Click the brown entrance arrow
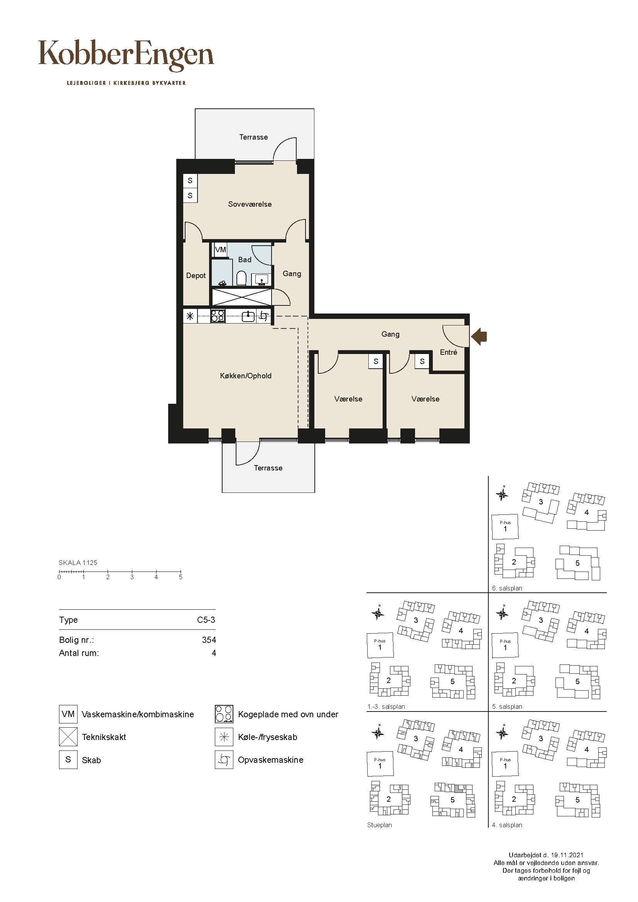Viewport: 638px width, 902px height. (x=479, y=336)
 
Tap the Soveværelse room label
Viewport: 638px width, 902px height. (x=250, y=204)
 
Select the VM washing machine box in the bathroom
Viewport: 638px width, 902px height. (x=220, y=250)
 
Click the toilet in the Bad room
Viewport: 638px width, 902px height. (x=241, y=278)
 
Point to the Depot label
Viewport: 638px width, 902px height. (x=196, y=276)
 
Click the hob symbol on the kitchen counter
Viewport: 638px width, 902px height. (x=218, y=316)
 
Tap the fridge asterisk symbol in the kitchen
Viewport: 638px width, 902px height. (x=190, y=316)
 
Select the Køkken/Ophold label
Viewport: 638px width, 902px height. (x=246, y=376)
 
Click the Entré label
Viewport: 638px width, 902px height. (x=449, y=352)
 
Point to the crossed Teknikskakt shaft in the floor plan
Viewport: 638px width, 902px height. (x=241, y=297)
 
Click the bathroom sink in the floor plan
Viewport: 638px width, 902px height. (x=261, y=279)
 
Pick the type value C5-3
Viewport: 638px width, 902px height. (x=206, y=620)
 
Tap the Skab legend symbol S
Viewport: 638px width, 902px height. (x=68, y=759)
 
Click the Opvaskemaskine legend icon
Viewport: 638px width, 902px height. (x=224, y=759)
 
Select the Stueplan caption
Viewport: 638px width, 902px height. (x=380, y=825)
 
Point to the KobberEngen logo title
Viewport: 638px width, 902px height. (x=126, y=55)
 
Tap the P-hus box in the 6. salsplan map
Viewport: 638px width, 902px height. (x=505, y=527)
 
